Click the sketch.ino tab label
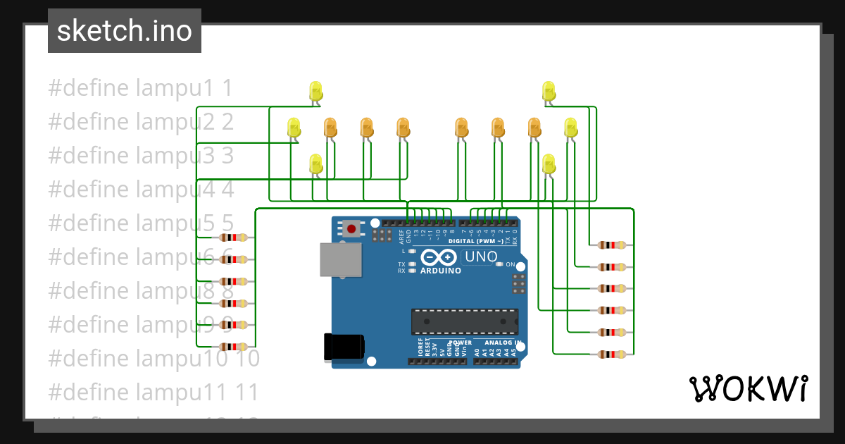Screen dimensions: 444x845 (124, 31)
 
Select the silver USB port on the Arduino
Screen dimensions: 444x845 (340, 260)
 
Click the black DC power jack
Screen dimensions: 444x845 (344, 347)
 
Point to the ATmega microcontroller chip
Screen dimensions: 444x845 (465, 321)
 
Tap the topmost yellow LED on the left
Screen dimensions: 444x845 (315, 91)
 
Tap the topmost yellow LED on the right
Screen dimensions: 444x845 (549, 91)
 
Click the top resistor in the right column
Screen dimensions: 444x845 (611, 245)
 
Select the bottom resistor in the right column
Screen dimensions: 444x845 (611, 354)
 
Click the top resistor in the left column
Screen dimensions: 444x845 (234, 238)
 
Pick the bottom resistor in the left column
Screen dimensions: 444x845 (234, 347)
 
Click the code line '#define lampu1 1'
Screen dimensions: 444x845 (140, 88)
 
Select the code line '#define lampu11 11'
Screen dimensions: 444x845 (154, 392)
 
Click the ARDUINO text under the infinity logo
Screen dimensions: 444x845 (440, 271)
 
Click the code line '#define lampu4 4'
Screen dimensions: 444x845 (140, 190)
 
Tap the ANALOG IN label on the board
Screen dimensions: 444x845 (502, 343)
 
